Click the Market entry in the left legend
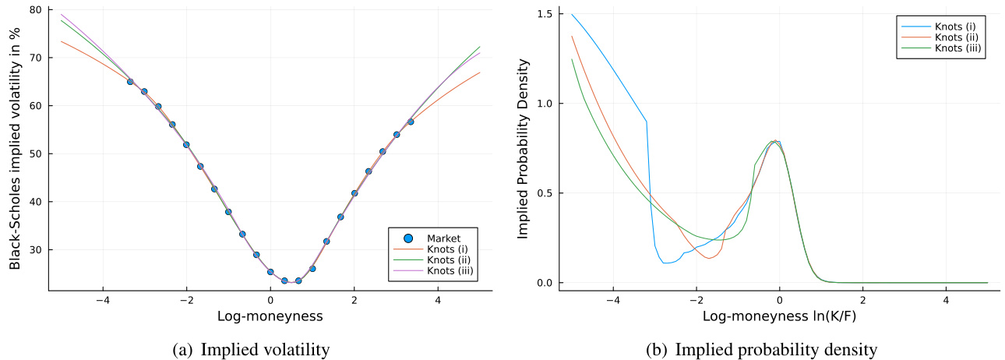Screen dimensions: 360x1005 pos(444,238)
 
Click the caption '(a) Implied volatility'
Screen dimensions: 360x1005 pos(250,350)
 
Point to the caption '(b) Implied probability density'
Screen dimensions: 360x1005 pos(761,350)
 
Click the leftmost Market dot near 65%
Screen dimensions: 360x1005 pos(130,82)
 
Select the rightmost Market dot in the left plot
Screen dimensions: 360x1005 pos(411,122)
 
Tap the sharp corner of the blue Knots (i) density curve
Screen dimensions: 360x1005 pos(647,122)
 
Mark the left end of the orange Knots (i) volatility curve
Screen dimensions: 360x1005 pos(61,41)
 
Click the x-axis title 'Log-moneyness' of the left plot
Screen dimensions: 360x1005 pos(270,317)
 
